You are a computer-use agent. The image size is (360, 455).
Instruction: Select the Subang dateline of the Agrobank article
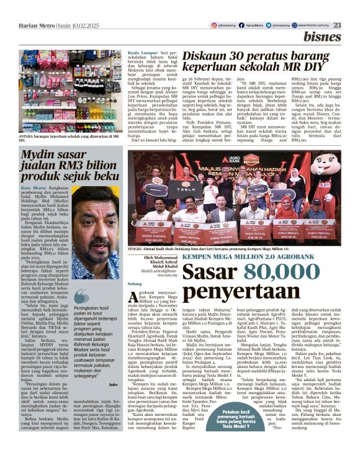coord(135,284)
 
